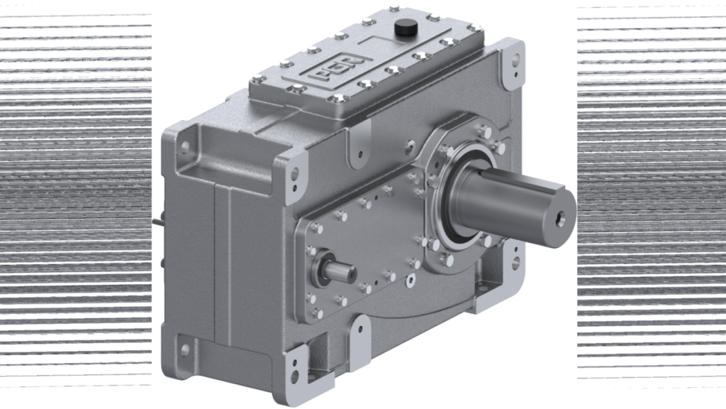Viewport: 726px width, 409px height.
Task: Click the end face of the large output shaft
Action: (561, 212)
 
